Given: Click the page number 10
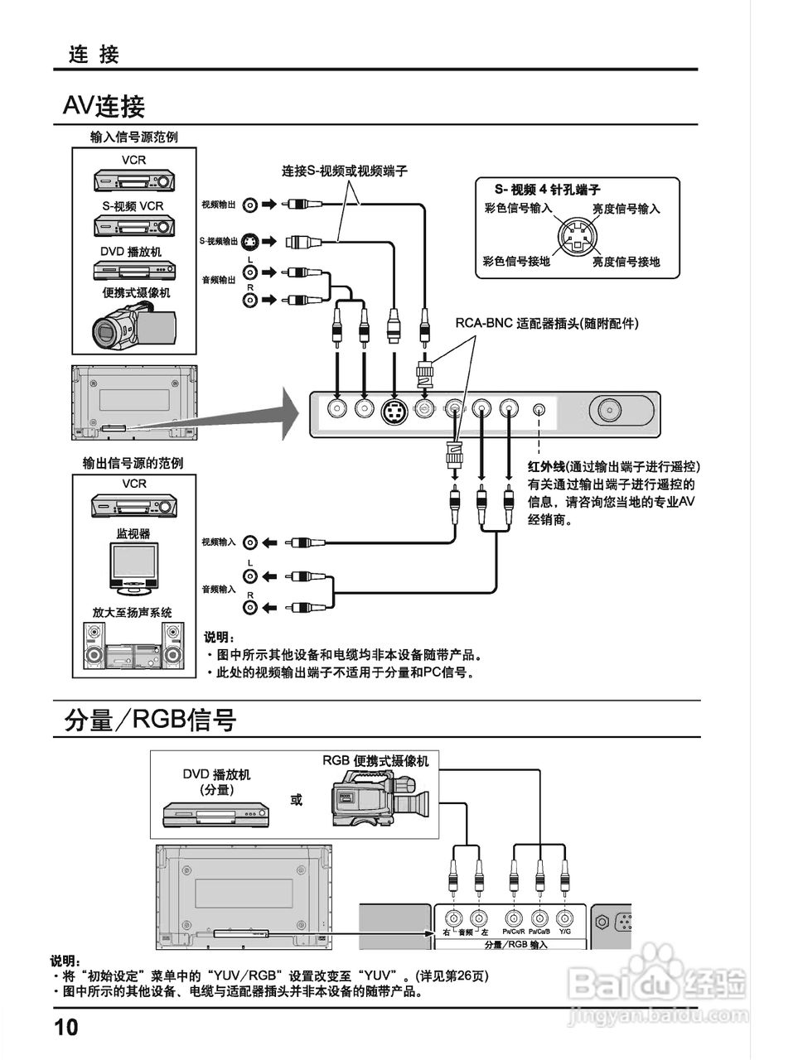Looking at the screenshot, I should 66,1028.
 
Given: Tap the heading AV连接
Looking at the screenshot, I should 104,106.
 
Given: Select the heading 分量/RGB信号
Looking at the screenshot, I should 150,720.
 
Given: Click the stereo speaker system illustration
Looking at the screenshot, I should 133,646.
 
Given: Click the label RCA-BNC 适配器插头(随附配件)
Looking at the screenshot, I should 546,323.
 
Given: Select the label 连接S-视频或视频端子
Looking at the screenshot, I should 344,171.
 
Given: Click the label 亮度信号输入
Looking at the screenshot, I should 626,209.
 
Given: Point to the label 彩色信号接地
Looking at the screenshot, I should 516,262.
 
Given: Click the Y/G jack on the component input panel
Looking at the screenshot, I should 564,918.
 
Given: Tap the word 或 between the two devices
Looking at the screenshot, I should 296,800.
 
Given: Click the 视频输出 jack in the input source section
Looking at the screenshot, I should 249,204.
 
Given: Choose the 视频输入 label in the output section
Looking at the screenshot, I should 218,542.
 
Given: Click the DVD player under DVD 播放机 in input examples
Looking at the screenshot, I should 133,272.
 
